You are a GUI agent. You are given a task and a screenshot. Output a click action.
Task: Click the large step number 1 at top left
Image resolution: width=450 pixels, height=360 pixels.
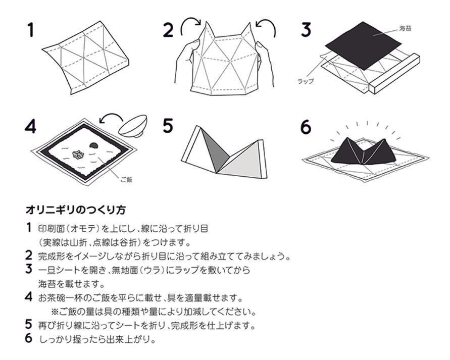click(31, 30)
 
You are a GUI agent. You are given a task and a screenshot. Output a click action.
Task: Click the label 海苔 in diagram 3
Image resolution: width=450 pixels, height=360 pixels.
click(405, 29)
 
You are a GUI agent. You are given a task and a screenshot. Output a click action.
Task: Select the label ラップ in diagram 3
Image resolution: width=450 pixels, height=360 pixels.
click(306, 81)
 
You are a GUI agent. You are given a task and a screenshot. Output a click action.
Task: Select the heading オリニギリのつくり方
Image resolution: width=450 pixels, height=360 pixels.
click(68, 210)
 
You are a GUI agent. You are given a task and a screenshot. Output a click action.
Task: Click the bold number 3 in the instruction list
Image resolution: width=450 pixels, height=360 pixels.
click(29, 269)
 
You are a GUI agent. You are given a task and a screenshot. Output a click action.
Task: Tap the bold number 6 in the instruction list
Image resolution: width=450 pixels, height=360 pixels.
click(29, 338)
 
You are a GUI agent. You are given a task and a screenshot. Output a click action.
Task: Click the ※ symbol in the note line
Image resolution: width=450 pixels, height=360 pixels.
click(55, 311)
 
